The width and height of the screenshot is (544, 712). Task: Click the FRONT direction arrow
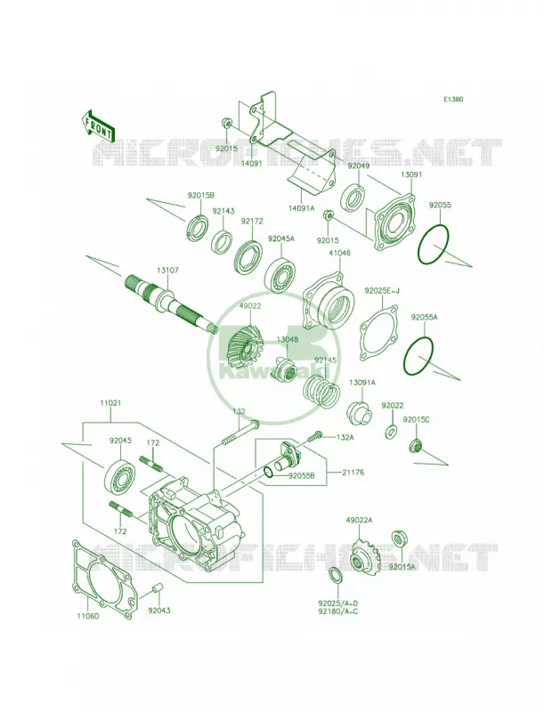pyautogui.click(x=98, y=125)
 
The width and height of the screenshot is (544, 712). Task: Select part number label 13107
pyautogui.click(x=168, y=271)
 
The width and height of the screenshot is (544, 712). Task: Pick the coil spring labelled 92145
pyautogui.click(x=321, y=391)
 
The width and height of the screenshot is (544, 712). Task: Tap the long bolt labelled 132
pyautogui.click(x=240, y=432)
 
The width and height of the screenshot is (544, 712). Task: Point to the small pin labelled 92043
pyautogui.click(x=156, y=589)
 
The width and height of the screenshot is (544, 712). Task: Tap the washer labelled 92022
pyautogui.click(x=391, y=431)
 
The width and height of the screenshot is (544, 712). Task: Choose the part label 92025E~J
pyautogui.click(x=381, y=291)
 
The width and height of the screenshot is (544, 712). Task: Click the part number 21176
pyautogui.click(x=353, y=473)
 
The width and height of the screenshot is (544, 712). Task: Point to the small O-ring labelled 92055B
pyautogui.click(x=268, y=473)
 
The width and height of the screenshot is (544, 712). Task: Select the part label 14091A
pyautogui.click(x=302, y=208)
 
